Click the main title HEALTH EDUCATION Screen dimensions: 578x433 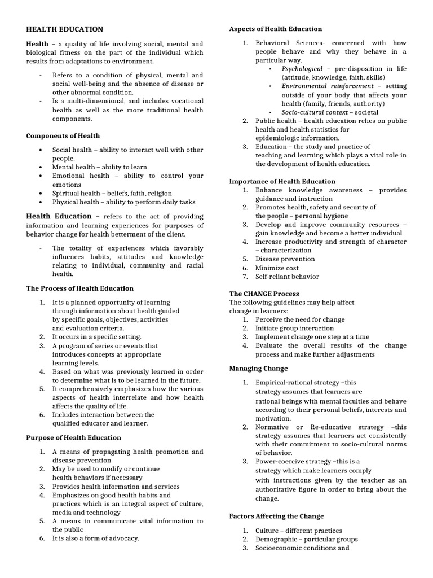pyautogui.click(x=65, y=29)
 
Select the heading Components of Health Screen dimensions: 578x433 pyautogui.click(x=63, y=136)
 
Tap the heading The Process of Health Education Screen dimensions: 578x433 pyautogui.click(x=80, y=288)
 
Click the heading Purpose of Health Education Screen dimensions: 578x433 pyautogui.click(x=74, y=437)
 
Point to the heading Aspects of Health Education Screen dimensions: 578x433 pyautogui.click(x=276, y=29)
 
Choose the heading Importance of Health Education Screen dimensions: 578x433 pyautogui.click(x=282, y=182)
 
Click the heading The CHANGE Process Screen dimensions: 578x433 pyautogui.click(x=264, y=294)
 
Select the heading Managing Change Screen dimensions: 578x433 pyautogui.click(x=259, y=369)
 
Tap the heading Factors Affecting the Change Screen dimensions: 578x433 pyautogui.click(x=277, y=516)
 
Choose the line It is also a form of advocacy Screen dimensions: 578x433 pyautogui.click(x=95, y=538)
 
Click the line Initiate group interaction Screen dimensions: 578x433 pyautogui.click(x=294, y=328)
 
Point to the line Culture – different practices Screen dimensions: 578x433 pyautogui.click(x=298, y=531)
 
